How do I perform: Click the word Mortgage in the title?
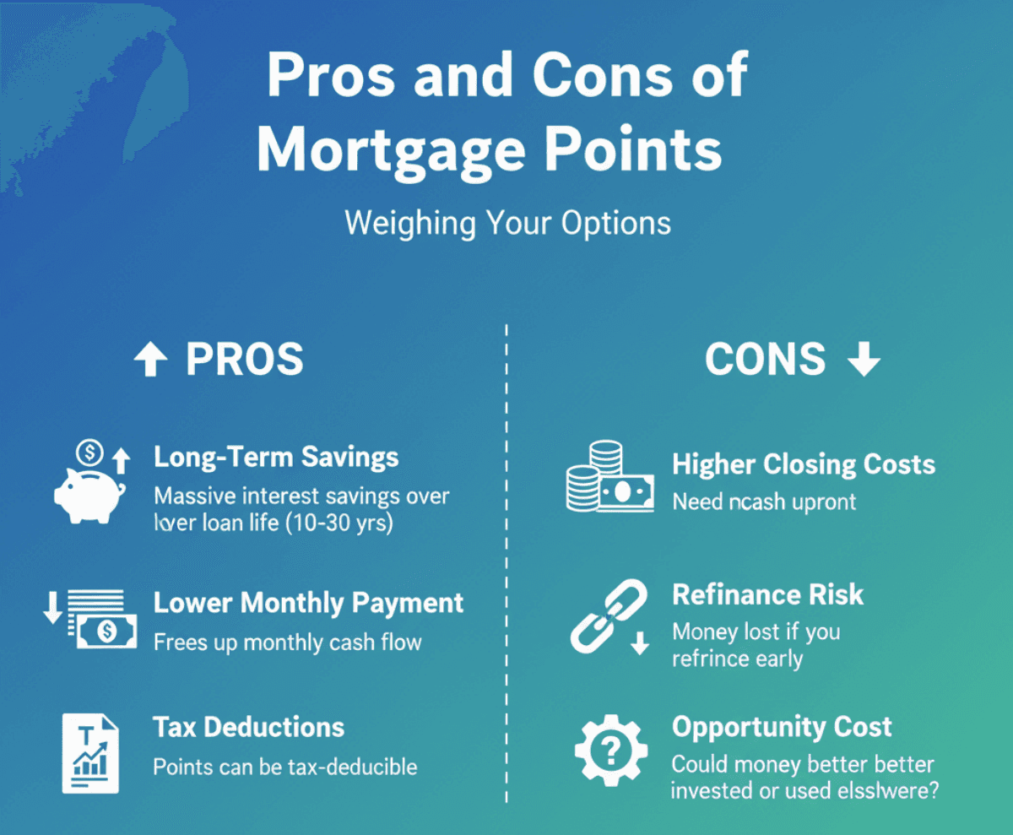coord(391,150)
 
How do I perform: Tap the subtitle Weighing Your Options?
coord(507,223)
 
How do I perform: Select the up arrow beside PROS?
coord(151,359)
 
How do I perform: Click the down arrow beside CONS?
coord(864,359)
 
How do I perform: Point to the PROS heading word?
coord(245,359)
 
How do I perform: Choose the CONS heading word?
coord(765,359)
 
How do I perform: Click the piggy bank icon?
coord(89,496)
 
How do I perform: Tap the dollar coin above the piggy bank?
coord(89,453)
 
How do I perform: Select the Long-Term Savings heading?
coord(276,457)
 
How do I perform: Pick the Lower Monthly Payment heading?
coord(309,603)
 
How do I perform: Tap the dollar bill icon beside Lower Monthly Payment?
coord(106,632)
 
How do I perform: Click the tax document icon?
coord(90,753)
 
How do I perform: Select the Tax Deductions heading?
coord(249,727)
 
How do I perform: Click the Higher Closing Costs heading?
coord(804,464)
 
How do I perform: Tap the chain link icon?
coord(609,616)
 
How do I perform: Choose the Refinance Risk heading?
coord(768,594)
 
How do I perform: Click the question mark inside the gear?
coord(612,751)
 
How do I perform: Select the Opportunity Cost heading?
coord(782,728)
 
